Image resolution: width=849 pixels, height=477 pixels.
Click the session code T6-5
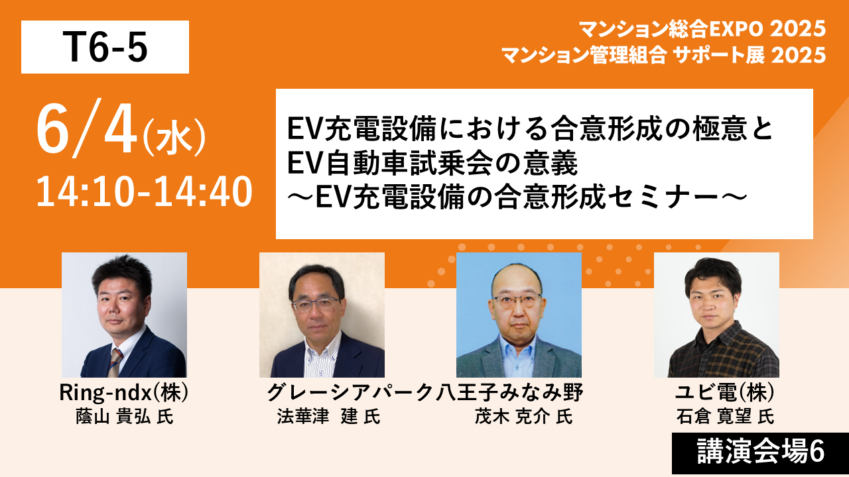105,47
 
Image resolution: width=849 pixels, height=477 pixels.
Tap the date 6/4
86,128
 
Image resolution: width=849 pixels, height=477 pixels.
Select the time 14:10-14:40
144,191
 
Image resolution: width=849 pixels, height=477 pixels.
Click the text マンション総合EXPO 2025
702,29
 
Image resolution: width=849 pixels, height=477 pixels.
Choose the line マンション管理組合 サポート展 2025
664,55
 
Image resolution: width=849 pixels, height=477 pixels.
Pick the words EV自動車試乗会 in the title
391,163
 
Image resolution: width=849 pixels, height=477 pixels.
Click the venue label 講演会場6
761,451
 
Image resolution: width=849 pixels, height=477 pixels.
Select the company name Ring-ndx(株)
123,393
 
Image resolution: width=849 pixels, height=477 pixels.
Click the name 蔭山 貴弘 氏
124,417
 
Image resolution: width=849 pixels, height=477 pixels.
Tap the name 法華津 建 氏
328,417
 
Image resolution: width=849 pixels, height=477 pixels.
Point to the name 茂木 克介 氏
523,417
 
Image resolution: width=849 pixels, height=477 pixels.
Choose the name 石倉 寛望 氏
725,417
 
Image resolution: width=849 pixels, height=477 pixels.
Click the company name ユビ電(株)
725,393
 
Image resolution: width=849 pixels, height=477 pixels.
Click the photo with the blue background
519,315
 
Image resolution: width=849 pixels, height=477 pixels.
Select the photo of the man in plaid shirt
717,315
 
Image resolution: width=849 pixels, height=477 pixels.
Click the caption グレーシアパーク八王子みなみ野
425,393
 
